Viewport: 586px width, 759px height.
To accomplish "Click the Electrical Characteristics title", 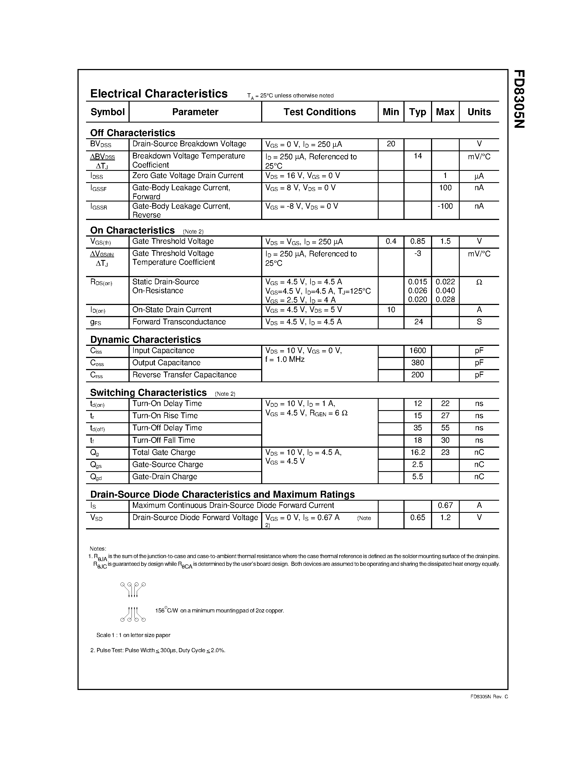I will click(x=159, y=94).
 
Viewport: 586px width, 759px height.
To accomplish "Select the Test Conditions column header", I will click(x=319, y=112).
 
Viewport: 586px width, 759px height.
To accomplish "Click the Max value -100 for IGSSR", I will click(x=445, y=206).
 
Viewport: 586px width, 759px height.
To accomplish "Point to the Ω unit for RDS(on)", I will click(x=479, y=282).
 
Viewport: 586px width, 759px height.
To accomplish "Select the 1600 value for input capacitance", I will click(x=417, y=350).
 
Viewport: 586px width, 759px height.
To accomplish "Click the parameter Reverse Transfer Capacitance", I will click(x=184, y=375).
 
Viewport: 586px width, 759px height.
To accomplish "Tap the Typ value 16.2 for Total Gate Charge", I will click(x=417, y=452).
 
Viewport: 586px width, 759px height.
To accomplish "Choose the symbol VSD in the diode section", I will click(x=96, y=518).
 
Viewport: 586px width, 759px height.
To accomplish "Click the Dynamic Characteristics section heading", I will click(x=145, y=339).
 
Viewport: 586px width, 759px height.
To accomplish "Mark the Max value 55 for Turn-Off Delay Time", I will click(x=445, y=428).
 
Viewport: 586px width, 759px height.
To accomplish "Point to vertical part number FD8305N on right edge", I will click(x=519, y=99).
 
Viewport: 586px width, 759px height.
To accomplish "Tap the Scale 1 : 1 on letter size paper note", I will click(x=133, y=635).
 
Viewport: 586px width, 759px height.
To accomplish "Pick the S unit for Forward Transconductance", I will click(x=479, y=322).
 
